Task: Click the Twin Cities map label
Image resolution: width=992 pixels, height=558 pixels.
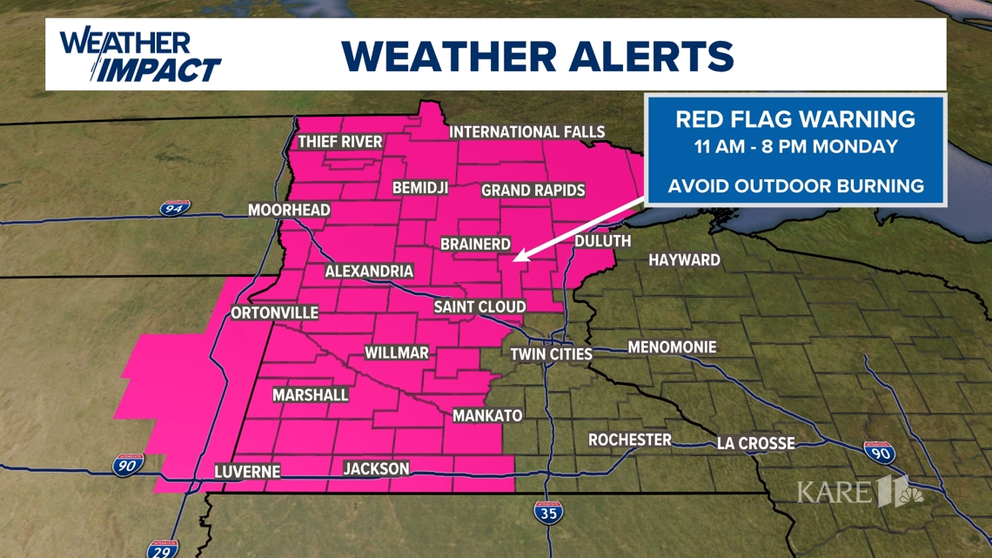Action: point(551,354)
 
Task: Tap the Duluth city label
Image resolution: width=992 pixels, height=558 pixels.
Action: point(602,241)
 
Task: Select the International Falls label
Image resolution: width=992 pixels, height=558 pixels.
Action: point(526,132)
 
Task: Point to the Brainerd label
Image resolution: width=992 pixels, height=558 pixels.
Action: point(475,245)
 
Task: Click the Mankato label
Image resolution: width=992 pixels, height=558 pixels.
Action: point(487,416)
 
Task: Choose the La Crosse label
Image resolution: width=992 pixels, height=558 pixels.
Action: point(755,443)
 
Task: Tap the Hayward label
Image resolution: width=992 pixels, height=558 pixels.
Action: point(684,259)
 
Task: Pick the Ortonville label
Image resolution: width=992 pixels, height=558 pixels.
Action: point(275,313)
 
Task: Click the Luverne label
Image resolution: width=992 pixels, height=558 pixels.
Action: point(248,472)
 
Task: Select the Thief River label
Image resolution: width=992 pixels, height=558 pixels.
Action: point(340,142)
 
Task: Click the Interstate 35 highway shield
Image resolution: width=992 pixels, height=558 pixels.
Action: point(547,512)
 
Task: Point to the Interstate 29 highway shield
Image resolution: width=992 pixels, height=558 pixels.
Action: point(159,550)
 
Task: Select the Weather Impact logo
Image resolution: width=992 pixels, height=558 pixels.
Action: point(139,55)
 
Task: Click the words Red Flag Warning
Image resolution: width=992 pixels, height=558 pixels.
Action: point(795,119)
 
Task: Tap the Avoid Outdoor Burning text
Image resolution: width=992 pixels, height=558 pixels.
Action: point(795,185)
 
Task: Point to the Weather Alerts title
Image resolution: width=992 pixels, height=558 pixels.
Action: point(537,56)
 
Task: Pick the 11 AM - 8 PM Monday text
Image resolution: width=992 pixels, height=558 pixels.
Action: point(795,146)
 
